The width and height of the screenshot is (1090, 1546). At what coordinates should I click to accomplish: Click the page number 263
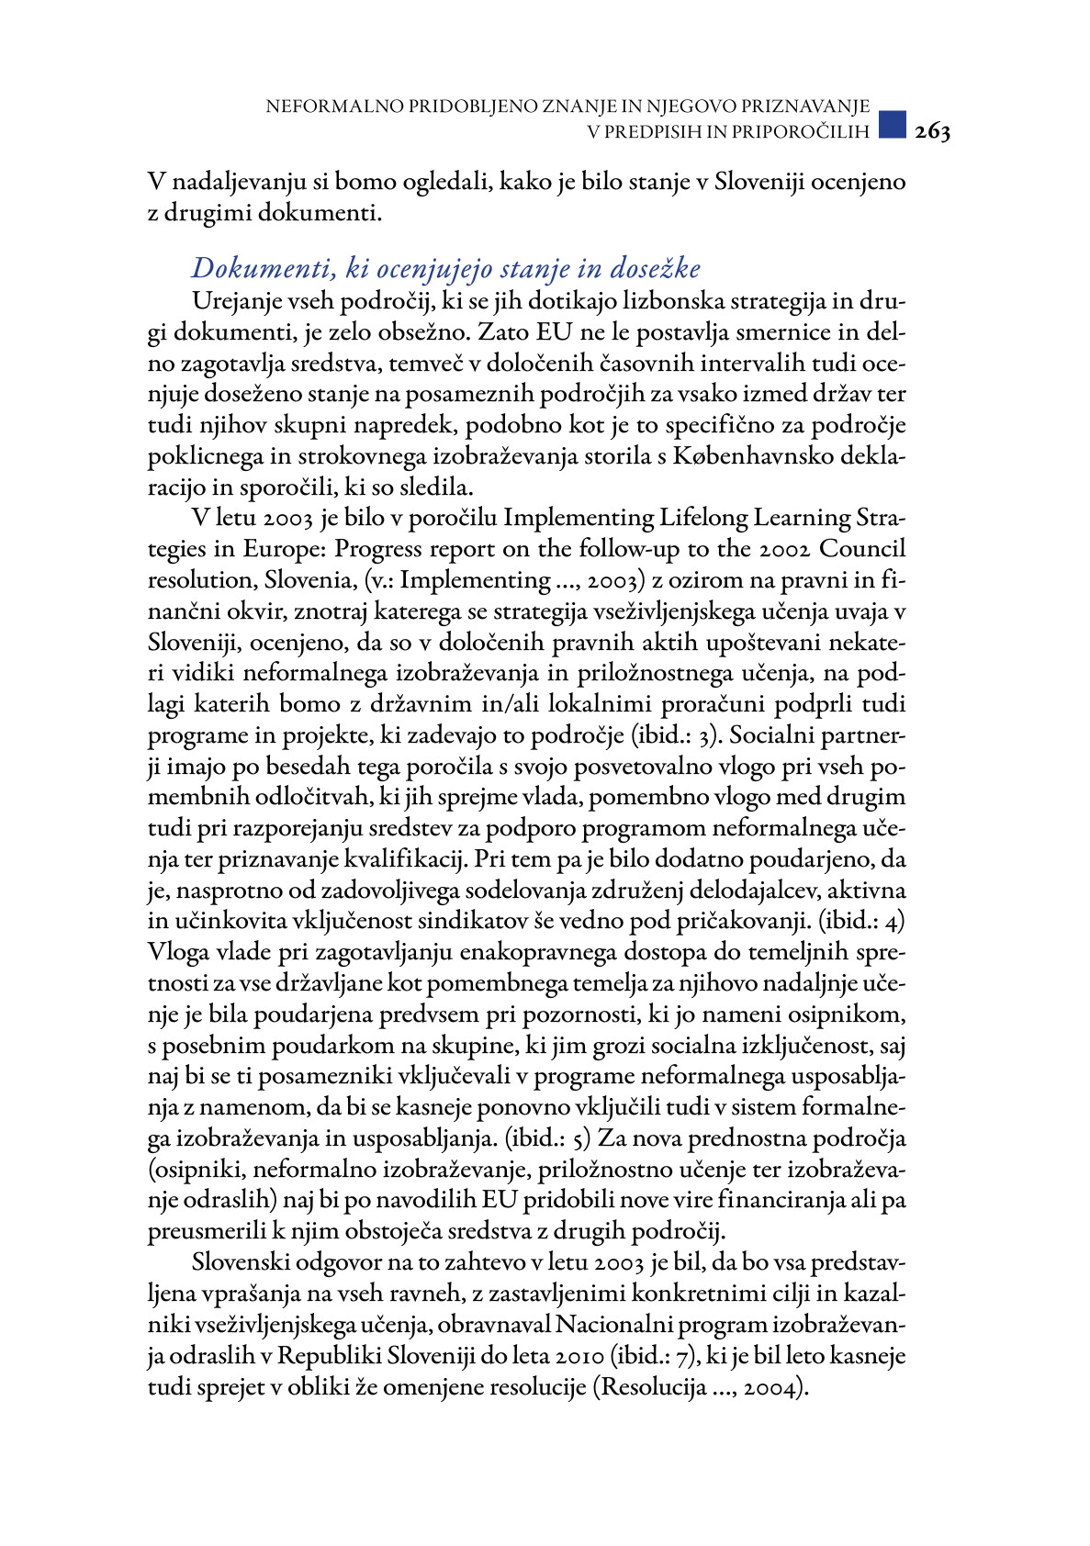coord(932,132)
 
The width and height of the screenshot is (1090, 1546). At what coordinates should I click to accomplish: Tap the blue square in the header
coord(892,125)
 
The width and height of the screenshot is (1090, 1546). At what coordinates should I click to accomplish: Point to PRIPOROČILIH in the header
coord(809,131)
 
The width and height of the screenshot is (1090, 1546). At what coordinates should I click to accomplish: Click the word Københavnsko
coord(748,456)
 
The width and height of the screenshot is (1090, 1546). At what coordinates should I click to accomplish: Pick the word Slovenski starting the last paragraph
coord(243,1263)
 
